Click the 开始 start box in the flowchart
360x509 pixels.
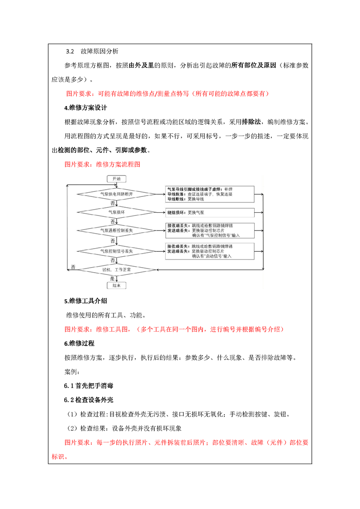[x=116, y=179]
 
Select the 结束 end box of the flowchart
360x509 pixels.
[x=116, y=285]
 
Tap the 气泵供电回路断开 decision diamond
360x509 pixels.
[x=116, y=194]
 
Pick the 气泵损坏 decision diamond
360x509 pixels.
[x=116, y=212]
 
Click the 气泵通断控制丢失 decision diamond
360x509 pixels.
[x=116, y=231]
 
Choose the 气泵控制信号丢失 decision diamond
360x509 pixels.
[x=116, y=250]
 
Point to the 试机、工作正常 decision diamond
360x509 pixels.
[x=116, y=269]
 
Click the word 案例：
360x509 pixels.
[x=72, y=372]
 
